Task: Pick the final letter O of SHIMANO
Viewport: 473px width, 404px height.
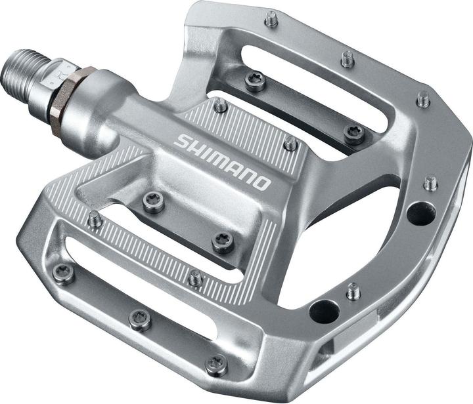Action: (261, 181)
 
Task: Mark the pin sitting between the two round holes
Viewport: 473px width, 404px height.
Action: (353, 291)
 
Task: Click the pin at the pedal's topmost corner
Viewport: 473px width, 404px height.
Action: (271, 20)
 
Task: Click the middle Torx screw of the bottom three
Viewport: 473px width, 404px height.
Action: (140, 319)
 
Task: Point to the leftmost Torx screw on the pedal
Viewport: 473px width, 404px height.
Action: (64, 273)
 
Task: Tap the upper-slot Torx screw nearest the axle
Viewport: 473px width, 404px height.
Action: (256, 81)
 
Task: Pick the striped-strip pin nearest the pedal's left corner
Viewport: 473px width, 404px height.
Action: (95, 220)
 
